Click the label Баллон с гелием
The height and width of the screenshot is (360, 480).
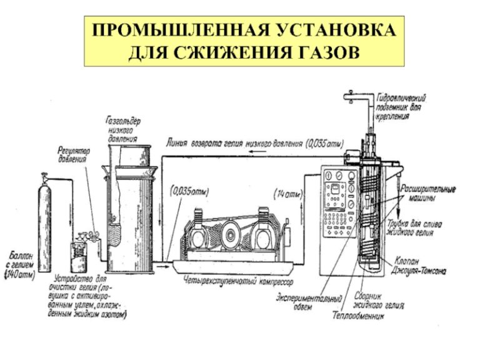pos(19,259)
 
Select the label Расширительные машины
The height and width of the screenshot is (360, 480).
pos(427,192)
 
